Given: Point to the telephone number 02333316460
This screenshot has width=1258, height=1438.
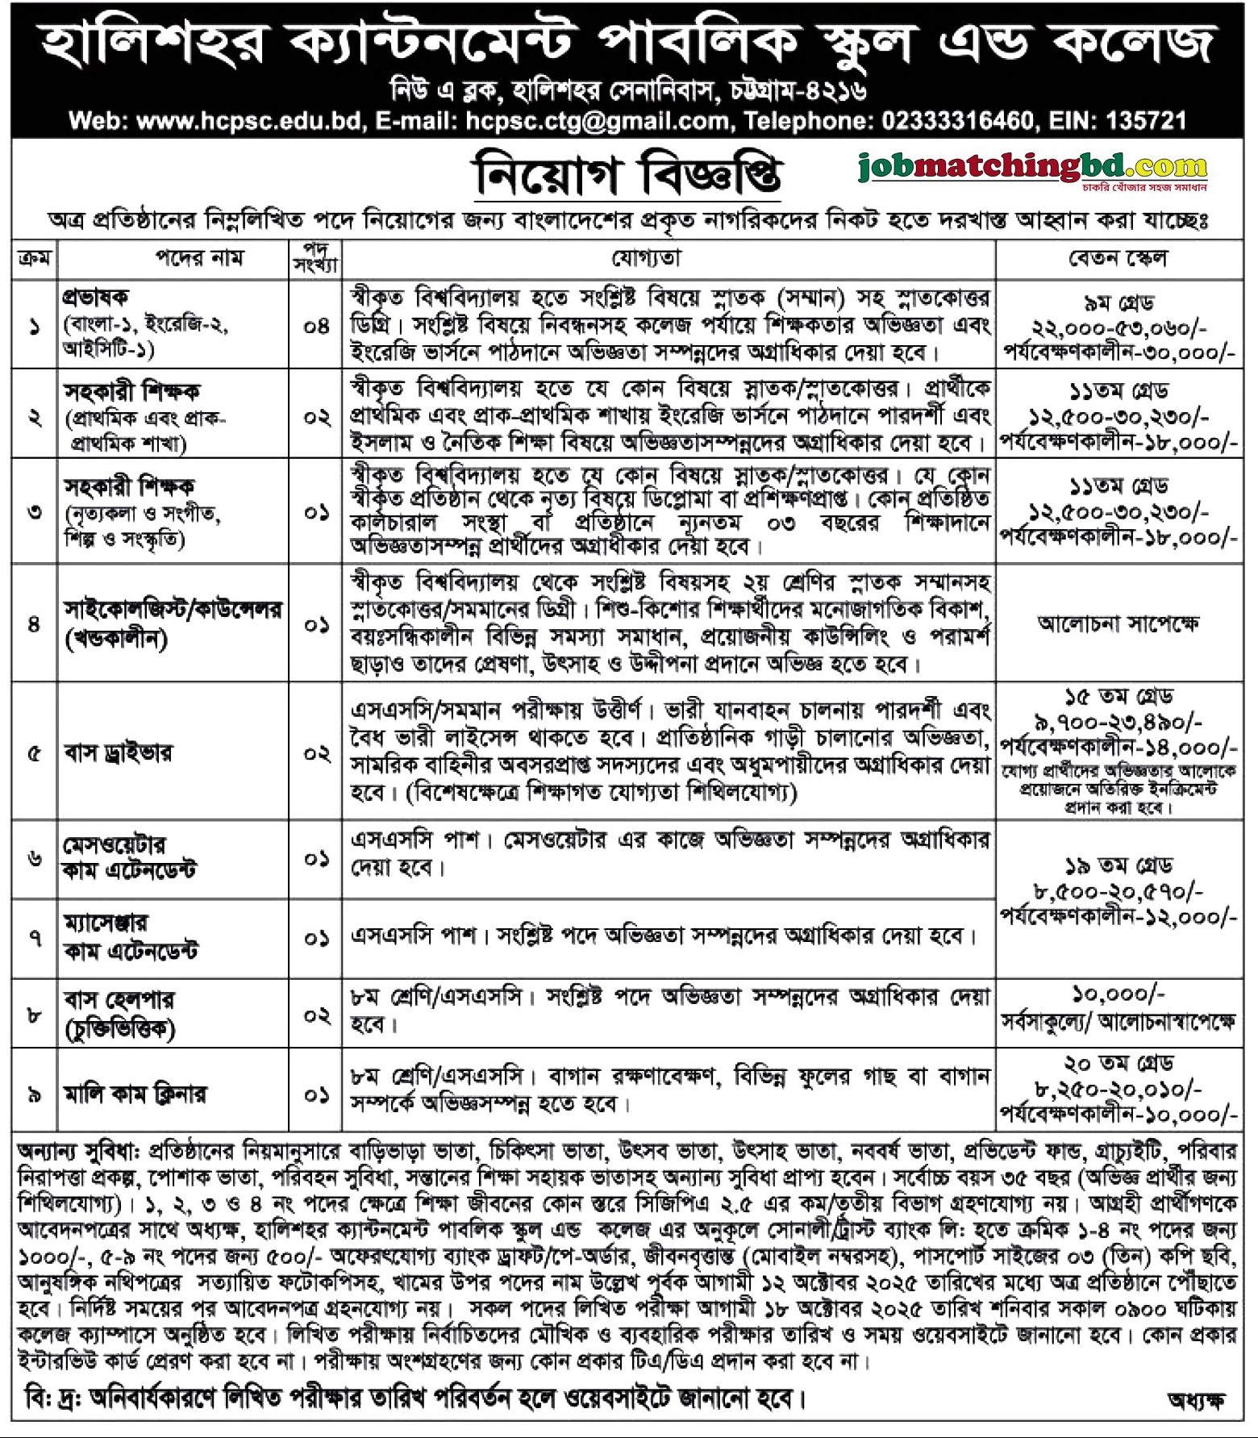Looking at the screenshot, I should click(x=957, y=121).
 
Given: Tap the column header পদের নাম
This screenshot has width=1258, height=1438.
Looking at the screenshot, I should click(x=199, y=258).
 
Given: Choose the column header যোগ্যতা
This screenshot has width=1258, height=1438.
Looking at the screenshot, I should click(x=646, y=258).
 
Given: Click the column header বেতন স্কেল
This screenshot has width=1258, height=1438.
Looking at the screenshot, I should click(x=1118, y=258).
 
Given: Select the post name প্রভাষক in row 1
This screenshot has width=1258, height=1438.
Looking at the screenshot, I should click(x=96, y=298).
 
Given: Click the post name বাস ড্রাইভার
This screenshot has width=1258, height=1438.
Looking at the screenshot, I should click(x=118, y=753).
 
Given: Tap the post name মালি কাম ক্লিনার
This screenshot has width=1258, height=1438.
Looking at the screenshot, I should click(x=135, y=1094).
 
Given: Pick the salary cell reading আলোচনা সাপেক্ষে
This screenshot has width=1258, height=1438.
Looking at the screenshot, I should click(x=1118, y=623).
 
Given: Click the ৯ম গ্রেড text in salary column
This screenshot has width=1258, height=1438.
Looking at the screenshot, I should click(x=1118, y=304).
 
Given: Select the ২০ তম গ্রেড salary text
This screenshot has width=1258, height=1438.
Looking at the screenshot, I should click(x=1118, y=1063).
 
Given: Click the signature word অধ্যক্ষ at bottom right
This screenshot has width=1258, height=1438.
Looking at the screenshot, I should click(x=1196, y=1402).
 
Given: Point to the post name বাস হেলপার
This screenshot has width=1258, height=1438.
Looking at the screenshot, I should click(x=119, y=1000).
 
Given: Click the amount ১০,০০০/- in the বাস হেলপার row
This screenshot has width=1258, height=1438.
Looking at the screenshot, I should click(x=1118, y=994).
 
